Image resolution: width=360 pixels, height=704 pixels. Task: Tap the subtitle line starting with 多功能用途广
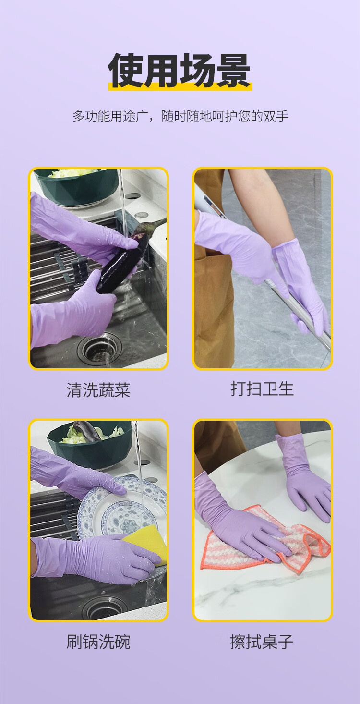[x=180, y=116]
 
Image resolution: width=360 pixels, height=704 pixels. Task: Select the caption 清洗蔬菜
[x=98, y=390]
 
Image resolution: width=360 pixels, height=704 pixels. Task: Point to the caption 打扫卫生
[x=262, y=389]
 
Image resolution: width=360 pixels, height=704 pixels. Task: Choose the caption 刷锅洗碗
[x=98, y=642]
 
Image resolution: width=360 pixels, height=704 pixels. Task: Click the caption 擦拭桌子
[x=262, y=642]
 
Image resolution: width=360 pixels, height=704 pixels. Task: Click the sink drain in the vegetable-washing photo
[x=99, y=348]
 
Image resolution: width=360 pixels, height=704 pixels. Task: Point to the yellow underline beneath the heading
[x=180, y=87]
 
